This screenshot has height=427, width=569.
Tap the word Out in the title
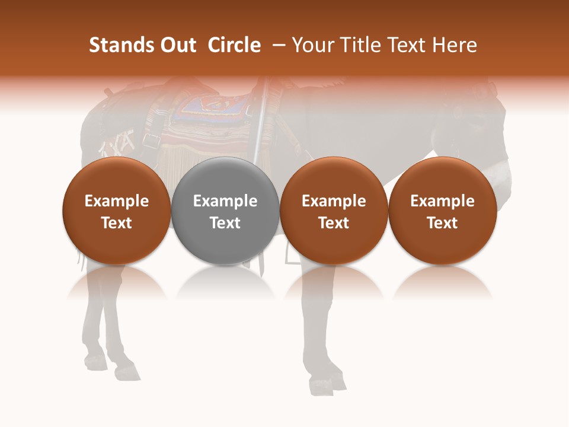click(177, 45)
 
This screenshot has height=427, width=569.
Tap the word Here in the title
click(455, 45)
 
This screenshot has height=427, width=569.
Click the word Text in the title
click(407, 45)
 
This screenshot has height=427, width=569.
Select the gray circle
click(225, 211)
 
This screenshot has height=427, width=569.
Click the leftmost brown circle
click(116, 211)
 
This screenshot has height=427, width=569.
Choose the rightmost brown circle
click(442, 211)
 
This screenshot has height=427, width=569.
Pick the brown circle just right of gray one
click(334, 211)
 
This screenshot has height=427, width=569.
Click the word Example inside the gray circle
click(225, 201)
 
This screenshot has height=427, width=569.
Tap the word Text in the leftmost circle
click(117, 223)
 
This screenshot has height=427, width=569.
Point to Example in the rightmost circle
click(442, 201)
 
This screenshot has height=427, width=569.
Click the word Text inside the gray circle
click(225, 223)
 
